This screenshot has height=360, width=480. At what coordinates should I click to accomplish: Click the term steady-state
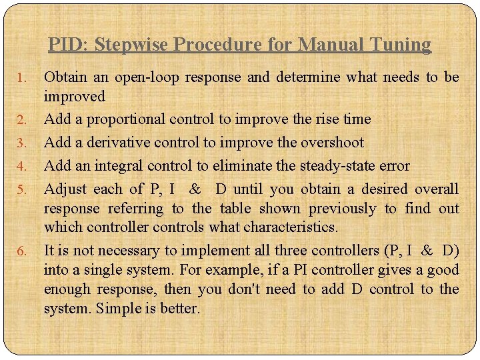(340, 165)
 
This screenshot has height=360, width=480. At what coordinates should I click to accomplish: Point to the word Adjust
(65, 189)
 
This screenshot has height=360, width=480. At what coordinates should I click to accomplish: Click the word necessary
(128, 251)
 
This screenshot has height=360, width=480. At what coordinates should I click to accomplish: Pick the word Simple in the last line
(119, 309)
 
